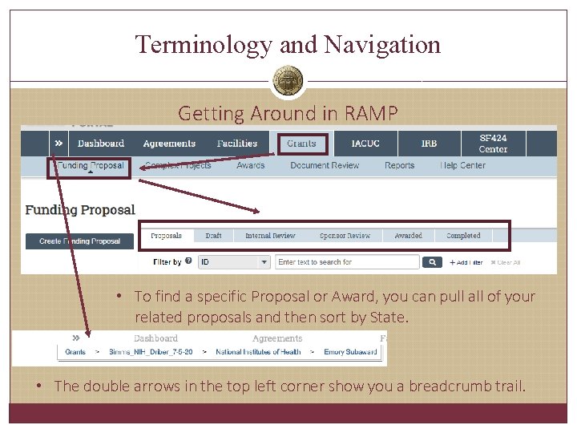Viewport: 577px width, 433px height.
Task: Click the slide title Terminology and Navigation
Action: (288, 44)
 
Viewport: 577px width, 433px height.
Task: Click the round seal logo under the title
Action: (288, 81)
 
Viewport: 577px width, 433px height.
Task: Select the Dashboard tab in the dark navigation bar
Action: (101, 144)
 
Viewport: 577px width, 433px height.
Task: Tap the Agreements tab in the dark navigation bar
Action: (169, 144)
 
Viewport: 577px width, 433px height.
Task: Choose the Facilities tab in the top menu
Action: (237, 144)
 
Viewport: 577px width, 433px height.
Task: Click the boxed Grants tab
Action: (302, 144)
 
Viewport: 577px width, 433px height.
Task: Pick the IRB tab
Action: (430, 144)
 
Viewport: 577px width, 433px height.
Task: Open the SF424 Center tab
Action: (493, 144)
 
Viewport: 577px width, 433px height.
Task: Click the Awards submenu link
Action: (251, 165)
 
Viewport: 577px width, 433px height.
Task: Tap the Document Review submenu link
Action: (325, 165)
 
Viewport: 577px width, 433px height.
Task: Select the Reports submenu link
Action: (399, 165)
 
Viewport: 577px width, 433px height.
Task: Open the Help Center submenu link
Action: (462, 165)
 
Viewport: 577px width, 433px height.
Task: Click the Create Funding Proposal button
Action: (79, 241)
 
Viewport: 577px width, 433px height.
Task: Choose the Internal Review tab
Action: (270, 236)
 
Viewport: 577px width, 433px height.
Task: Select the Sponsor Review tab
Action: (345, 236)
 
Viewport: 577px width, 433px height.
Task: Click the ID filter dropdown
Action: (234, 262)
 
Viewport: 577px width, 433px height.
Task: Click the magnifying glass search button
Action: (432, 262)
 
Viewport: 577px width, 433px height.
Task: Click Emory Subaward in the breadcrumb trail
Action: (350, 352)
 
